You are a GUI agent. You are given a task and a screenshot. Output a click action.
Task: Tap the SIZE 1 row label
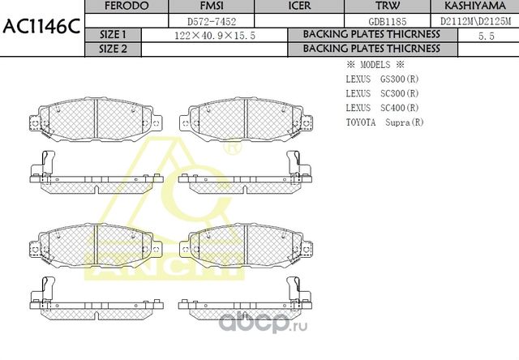pyautogui.click(x=113, y=35)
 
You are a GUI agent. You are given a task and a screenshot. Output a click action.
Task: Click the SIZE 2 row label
pyautogui.click(x=113, y=49)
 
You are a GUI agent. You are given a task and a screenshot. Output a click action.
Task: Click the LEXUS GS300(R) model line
pyautogui.click(x=382, y=80)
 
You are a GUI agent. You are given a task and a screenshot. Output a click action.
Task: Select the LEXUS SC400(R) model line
pyautogui.click(x=382, y=108)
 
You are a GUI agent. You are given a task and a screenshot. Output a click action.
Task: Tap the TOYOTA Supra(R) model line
pyautogui.click(x=384, y=122)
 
